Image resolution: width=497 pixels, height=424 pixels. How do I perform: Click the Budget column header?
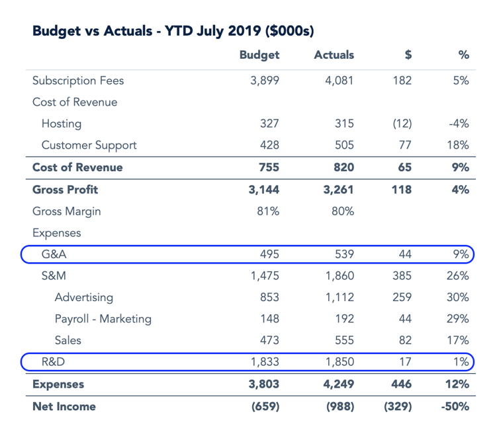(259, 55)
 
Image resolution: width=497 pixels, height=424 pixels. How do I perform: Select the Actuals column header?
(334, 55)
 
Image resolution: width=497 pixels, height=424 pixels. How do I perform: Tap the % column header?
(464, 55)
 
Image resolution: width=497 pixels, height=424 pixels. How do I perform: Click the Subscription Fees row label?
(78, 81)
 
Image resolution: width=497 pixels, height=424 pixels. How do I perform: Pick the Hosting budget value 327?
(269, 124)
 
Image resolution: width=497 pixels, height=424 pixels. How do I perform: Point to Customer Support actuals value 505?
(344, 145)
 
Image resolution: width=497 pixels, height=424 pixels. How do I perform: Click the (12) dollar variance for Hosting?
(402, 124)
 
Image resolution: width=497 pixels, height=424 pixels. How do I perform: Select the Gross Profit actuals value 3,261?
(339, 190)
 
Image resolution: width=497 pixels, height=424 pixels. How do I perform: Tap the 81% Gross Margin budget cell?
(268, 211)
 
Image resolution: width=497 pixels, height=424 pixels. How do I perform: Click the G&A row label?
(54, 254)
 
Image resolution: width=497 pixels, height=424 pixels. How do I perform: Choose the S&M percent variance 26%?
(458, 275)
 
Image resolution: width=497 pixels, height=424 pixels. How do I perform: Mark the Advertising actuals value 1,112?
(339, 297)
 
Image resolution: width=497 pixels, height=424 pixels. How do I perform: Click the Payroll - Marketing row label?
(103, 319)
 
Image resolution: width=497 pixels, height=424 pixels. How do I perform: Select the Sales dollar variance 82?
(405, 340)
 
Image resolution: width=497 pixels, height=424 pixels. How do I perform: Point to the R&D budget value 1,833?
(265, 362)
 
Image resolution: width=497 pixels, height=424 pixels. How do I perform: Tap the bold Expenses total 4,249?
(339, 384)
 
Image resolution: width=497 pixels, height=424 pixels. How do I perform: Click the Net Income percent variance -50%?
(455, 406)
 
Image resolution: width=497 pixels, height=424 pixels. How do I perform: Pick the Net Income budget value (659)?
(265, 406)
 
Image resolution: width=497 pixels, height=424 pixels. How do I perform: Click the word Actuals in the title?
(128, 31)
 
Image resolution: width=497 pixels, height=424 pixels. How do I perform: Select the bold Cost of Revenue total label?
(77, 167)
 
